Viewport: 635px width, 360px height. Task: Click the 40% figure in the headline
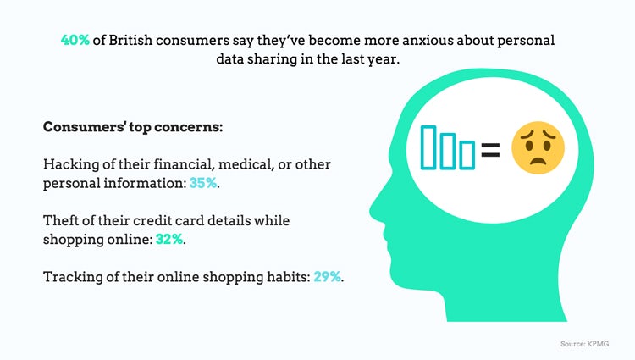click(75, 40)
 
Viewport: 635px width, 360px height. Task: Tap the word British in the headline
click(130, 40)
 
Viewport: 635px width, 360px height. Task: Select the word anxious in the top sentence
click(428, 40)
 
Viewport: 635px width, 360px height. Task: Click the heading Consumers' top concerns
click(133, 127)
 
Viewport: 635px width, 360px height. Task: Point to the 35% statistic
click(203, 183)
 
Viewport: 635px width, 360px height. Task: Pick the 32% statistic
click(169, 240)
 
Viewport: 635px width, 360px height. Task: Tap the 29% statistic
click(327, 277)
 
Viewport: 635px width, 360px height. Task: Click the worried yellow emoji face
click(538, 147)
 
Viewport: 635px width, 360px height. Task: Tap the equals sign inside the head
click(490, 149)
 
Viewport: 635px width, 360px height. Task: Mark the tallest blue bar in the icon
click(428, 147)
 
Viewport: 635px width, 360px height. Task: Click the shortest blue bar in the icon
click(467, 155)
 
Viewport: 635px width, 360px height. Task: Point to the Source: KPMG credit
click(584, 344)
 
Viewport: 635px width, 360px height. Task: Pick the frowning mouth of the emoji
click(538, 162)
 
